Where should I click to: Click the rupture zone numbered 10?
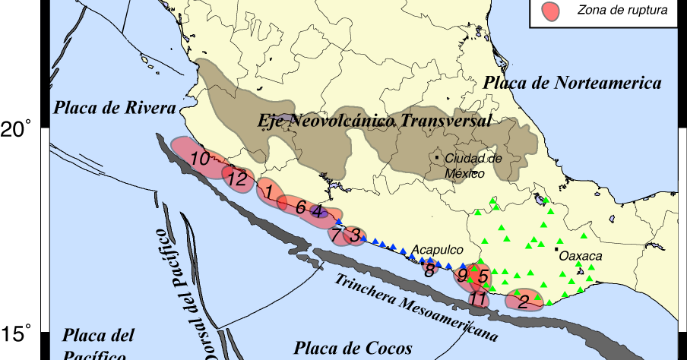(x=199, y=159)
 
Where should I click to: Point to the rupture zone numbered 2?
(x=524, y=302)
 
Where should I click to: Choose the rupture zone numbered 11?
(x=478, y=299)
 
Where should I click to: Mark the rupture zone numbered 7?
(x=337, y=235)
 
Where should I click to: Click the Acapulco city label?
(x=438, y=249)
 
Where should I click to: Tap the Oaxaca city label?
(x=581, y=257)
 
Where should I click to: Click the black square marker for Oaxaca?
(x=556, y=249)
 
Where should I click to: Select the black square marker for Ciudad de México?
(x=438, y=157)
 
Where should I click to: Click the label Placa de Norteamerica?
(x=574, y=83)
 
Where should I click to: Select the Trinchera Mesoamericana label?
(x=416, y=305)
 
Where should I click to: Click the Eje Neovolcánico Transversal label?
(x=375, y=121)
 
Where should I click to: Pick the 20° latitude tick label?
(x=17, y=130)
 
